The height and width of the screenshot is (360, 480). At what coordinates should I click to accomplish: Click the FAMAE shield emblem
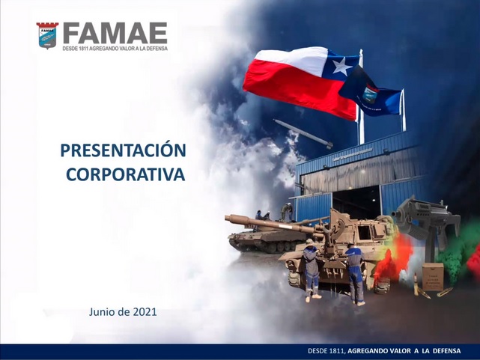pos(47,35)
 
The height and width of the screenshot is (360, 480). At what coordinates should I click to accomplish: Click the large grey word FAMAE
pos(115,33)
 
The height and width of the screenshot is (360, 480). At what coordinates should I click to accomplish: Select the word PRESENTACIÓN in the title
pos(124,150)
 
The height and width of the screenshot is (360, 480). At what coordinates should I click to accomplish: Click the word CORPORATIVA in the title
pos(126,174)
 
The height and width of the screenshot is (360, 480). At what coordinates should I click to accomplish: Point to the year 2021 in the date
pos(145,312)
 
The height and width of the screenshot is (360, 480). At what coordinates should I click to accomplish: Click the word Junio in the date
pos(100,312)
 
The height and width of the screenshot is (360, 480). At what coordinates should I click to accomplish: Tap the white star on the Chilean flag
pos(342,66)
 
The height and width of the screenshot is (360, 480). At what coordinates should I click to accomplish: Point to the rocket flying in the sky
pos(303,133)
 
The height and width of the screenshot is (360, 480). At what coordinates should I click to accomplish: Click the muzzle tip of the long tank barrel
pos(227,218)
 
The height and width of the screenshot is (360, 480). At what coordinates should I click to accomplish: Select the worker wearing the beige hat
pos(311,269)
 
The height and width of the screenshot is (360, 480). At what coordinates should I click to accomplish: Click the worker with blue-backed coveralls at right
pos(355,274)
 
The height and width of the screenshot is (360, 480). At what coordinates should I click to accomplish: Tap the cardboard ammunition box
pos(433,276)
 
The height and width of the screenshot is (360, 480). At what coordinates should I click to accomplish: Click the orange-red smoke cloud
pos(395,257)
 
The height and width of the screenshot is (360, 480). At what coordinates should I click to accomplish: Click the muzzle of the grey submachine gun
pos(394,214)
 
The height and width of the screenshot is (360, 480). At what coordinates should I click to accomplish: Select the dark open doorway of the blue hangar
pos(356,202)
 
